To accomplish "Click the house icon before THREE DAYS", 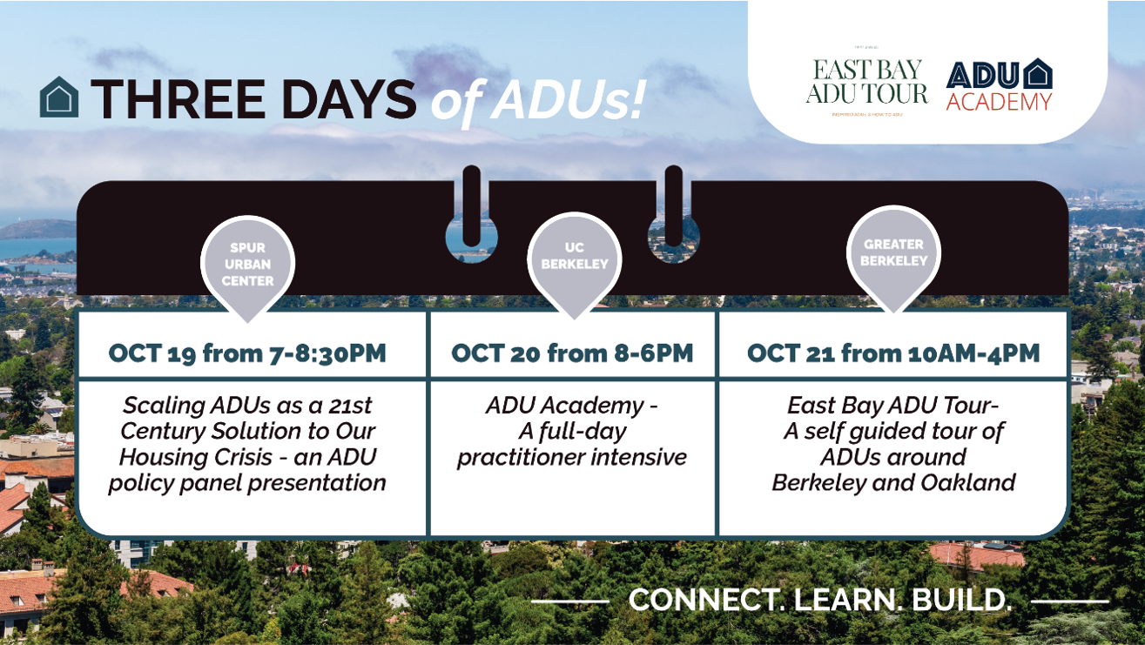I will click(59, 97).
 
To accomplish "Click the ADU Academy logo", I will click(1000, 85).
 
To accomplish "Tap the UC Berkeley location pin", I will click(574, 259).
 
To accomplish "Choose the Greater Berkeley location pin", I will click(893, 254).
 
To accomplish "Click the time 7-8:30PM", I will click(328, 353).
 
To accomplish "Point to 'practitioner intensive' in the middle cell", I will click(572, 457).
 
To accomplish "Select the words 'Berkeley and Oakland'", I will click(893, 483).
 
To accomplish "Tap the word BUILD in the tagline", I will click(961, 600).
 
